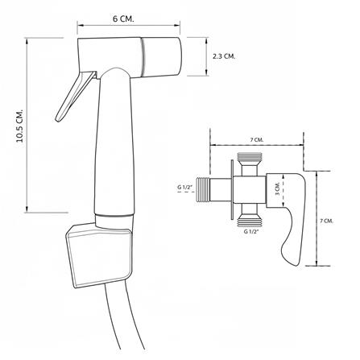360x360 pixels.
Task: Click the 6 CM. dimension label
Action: [x=123, y=19]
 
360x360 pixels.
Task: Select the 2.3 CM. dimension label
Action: [x=224, y=56]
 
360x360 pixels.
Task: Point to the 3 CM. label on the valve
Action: [x=278, y=188]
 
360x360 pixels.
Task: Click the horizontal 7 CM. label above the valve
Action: [x=257, y=139]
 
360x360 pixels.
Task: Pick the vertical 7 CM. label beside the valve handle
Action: [x=326, y=221]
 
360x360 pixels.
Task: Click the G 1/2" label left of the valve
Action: [x=185, y=188]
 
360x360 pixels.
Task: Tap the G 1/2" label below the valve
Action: [x=251, y=232]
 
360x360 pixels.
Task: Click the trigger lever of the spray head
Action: [x=75, y=96]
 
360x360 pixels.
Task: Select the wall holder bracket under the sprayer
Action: [x=99, y=255]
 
